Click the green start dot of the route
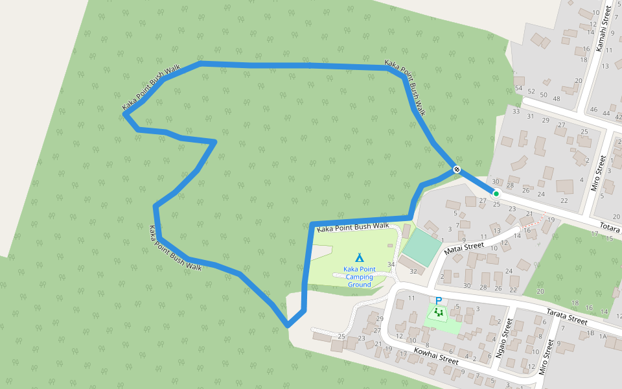click(x=496, y=193)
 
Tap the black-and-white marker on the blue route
click(x=457, y=169)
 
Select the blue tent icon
click(x=360, y=257)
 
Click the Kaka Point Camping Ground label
click(x=359, y=277)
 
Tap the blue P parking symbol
click(x=439, y=301)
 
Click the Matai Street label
click(x=465, y=246)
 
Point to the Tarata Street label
click(x=568, y=316)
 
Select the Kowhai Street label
click(x=436, y=355)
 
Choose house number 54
click(x=518, y=88)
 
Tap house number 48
click(x=556, y=98)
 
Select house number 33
click(x=516, y=112)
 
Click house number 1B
click(x=590, y=333)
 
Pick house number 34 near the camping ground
click(x=391, y=264)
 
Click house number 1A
click(x=603, y=336)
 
